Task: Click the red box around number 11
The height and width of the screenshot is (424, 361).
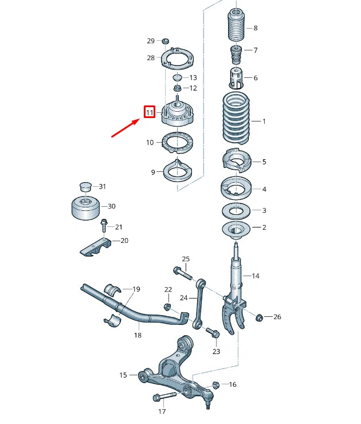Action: (x=150, y=112)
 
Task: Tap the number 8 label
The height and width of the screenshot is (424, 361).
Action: (x=255, y=28)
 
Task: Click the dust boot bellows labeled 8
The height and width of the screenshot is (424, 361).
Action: (x=234, y=28)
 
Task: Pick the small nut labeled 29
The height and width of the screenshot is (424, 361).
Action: (x=165, y=41)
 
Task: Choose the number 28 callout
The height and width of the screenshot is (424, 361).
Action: (x=151, y=58)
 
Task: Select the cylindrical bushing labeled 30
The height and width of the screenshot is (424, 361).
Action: (x=84, y=207)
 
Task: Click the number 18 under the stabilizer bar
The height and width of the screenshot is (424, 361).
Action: (x=138, y=335)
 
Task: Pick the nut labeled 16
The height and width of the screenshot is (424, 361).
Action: (x=216, y=384)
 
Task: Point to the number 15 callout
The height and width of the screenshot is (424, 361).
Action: (x=123, y=375)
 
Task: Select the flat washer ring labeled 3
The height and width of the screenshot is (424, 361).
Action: (x=236, y=211)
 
